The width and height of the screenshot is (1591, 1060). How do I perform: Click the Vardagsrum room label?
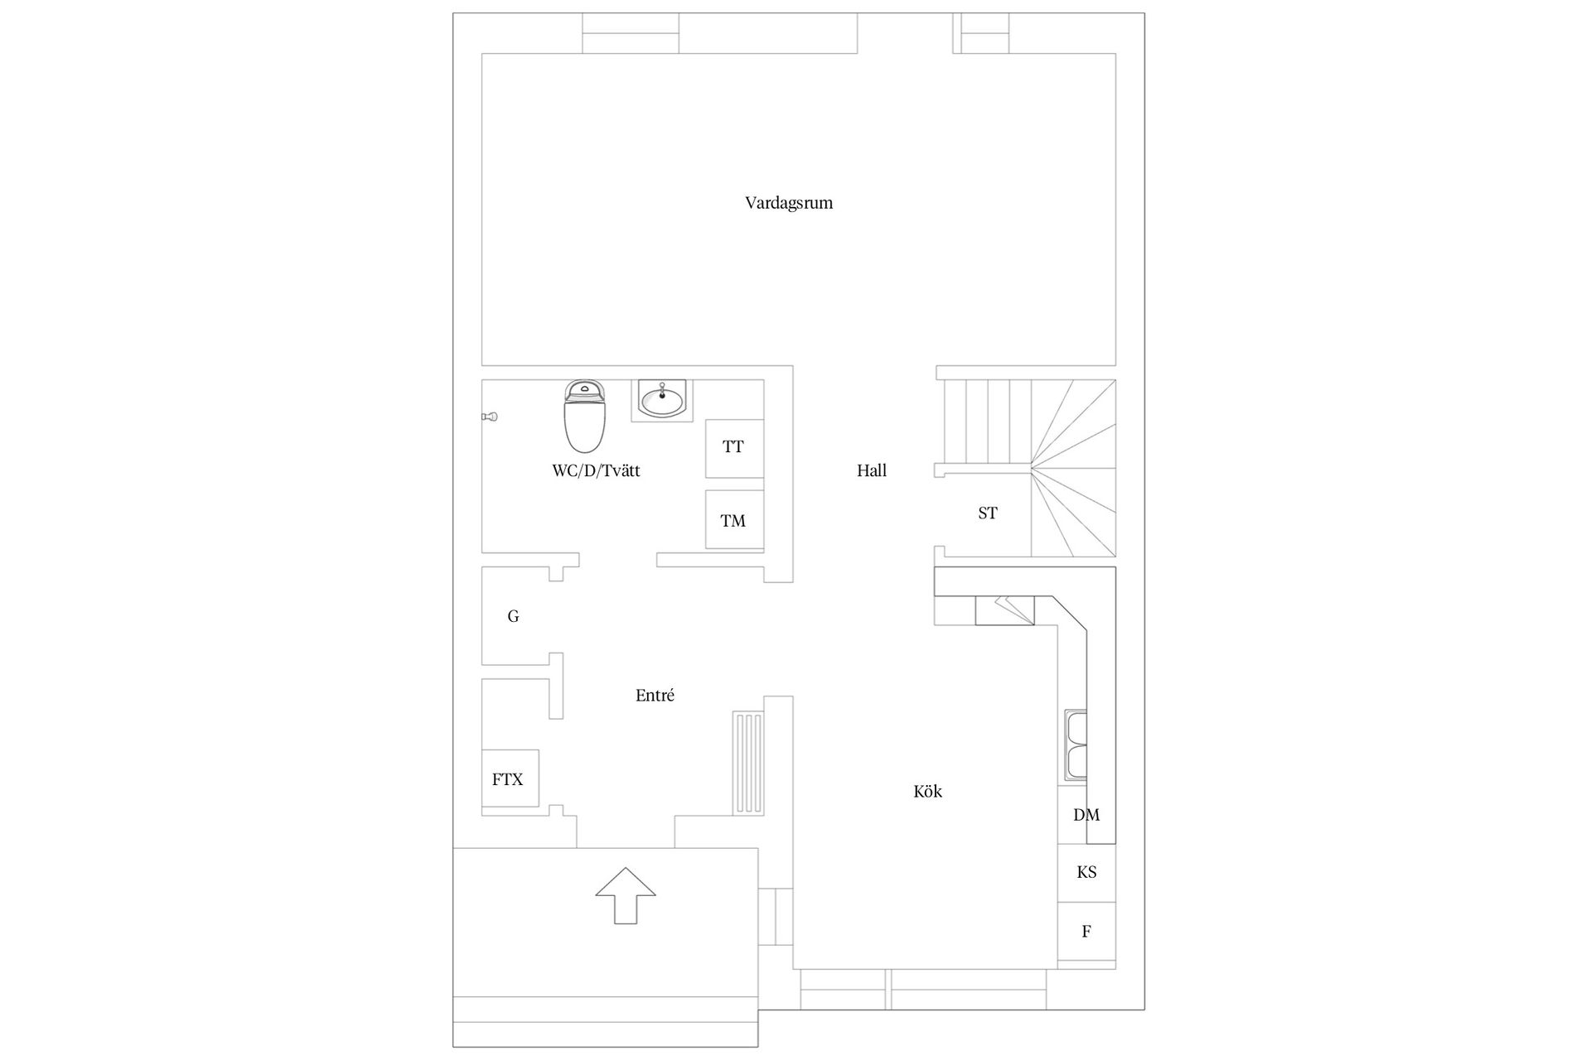[788, 203]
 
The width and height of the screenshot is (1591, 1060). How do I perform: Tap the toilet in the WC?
[586, 415]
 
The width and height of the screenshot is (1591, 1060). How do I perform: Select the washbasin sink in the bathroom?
[662, 400]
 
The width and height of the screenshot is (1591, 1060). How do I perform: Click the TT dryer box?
[734, 448]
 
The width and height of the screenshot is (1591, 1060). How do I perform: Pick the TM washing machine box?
[734, 519]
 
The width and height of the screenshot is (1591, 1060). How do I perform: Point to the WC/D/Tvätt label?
[596, 471]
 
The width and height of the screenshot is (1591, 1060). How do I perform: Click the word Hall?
[872, 470]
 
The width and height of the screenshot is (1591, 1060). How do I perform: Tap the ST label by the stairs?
[987, 513]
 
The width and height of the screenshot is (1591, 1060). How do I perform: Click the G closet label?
[513, 616]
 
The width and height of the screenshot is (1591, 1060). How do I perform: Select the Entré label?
[655, 696]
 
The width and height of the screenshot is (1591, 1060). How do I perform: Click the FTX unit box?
[510, 778]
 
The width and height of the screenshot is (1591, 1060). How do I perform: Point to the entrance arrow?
[626, 895]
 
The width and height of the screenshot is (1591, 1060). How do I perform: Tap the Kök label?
[927, 791]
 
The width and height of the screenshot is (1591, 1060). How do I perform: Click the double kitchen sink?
[1076, 745]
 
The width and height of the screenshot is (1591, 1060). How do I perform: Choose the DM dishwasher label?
[1086, 815]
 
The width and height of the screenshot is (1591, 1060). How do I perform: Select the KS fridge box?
[1086, 873]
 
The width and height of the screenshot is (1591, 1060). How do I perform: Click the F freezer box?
[1086, 932]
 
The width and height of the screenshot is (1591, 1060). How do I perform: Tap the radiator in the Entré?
[747, 763]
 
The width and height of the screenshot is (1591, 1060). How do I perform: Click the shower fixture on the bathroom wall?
[489, 417]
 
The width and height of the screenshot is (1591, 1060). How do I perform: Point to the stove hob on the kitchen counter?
[1005, 610]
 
